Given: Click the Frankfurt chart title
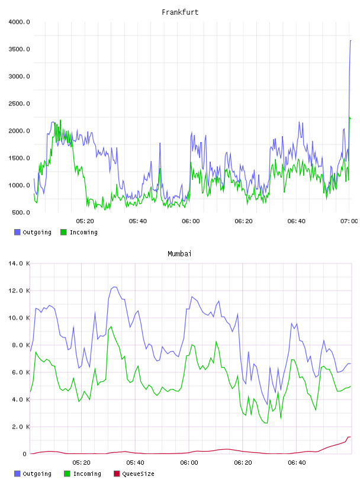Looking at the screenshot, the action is (180, 12).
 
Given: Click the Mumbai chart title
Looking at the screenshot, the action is (179, 254).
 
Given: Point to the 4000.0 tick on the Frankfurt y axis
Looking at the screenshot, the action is (19, 22).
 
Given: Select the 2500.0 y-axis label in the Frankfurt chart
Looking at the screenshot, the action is (19, 104).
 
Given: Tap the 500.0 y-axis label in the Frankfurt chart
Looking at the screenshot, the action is (21, 212).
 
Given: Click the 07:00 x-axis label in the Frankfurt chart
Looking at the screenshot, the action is (349, 221).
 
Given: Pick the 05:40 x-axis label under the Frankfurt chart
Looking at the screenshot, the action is (138, 221).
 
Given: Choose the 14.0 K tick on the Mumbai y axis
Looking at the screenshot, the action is (19, 263).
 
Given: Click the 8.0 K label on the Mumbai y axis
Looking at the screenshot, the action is (21, 345).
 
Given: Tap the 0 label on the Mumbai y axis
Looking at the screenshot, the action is (25, 454).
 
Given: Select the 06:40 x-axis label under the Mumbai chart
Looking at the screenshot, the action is (297, 463).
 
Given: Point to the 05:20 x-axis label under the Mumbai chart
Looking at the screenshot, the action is (81, 463).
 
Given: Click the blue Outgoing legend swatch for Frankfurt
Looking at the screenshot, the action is (17, 232).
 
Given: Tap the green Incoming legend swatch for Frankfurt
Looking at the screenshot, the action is (63, 232).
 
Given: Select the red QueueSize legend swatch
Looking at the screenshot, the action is (117, 474).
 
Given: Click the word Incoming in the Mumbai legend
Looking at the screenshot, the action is (87, 474).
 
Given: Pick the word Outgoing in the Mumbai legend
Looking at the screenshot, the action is (37, 474).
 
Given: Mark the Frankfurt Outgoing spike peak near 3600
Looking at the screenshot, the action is (351, 40).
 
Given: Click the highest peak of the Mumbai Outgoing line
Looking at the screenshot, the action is (115, 286).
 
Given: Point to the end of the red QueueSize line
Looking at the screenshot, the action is (351, 437).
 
